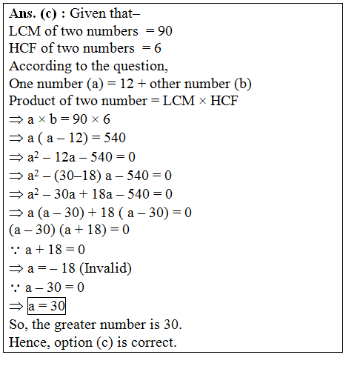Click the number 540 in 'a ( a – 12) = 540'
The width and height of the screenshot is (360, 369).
[x=113, y=137]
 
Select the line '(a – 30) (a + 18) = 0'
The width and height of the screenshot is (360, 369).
[x=70, y=230]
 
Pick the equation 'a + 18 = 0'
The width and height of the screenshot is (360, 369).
[x=53, y=249]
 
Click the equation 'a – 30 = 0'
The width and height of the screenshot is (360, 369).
[x=53, y=287]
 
